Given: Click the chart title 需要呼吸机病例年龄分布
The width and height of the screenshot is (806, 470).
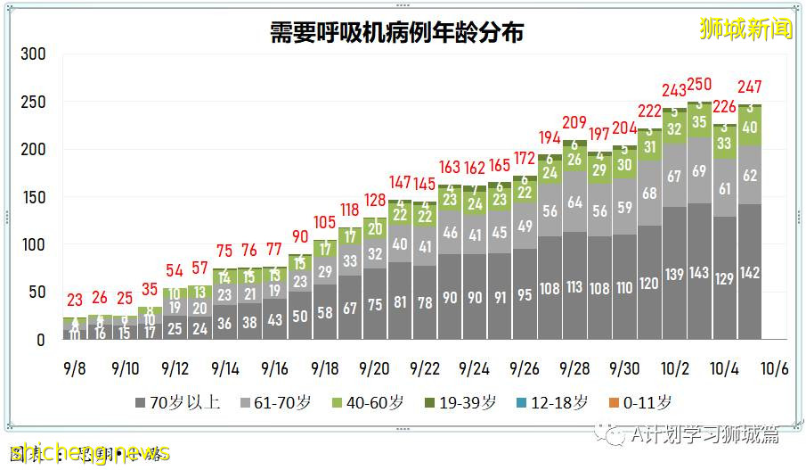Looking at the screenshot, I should click(397, 33).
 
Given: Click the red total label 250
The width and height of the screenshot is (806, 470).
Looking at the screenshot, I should click(699, 84).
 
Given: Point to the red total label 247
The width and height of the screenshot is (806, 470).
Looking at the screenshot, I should click(750, 87).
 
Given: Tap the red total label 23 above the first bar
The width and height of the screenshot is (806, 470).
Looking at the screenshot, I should click(74, 301).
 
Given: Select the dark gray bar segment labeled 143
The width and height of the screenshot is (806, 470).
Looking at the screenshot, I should click(699, 273).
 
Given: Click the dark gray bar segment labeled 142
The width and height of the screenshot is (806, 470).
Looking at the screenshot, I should click(750, 273).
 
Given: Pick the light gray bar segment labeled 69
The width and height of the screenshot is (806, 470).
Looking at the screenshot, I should click(699, 170).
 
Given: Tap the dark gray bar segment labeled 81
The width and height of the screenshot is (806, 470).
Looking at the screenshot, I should click(399, 302).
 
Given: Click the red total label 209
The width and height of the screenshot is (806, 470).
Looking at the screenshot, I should click(574, 123).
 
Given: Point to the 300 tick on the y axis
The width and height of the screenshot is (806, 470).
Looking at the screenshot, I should click(33, 54).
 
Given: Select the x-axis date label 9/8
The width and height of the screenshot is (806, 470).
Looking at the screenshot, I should click(74, 368).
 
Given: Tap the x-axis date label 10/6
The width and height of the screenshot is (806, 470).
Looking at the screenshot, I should click(774, 368).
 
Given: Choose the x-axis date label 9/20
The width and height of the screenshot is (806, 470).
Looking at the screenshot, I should click(374, 368).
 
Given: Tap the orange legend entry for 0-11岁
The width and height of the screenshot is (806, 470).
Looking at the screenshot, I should click(639, 402).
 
